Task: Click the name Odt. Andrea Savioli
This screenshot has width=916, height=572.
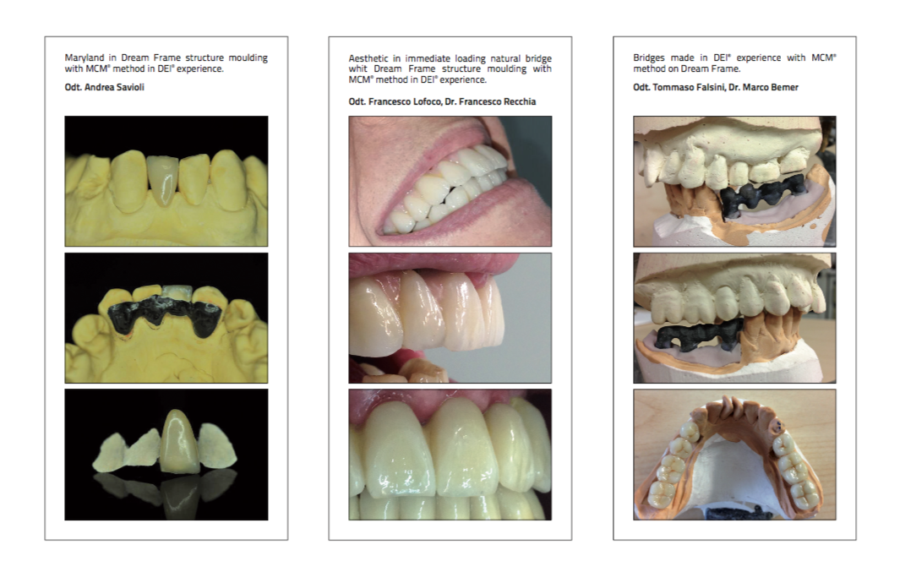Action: [x=104, y=87]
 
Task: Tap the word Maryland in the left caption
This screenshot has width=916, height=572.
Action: [x=85, y=57]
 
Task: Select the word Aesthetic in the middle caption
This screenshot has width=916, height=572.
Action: [x=368, y=58]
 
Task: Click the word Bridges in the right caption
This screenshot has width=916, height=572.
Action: [x=649, y=57]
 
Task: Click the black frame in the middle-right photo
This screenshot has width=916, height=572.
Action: [x=699, y=337]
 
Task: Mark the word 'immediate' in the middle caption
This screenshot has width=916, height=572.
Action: [x=429, y=58]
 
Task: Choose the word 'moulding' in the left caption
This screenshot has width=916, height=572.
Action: [x=248, y=57]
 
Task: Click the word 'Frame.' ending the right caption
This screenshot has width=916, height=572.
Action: [x=726, y=68]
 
